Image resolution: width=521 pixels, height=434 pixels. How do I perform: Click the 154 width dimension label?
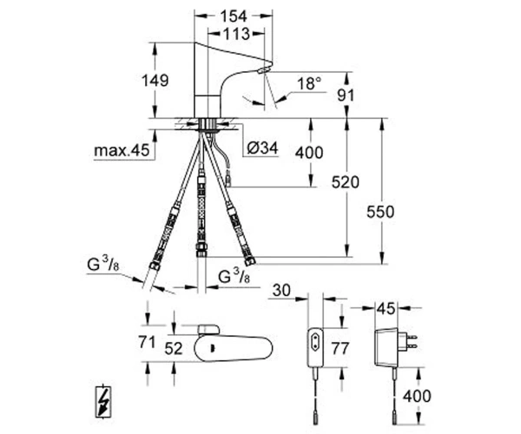pyautogui.click(x=234, y=16)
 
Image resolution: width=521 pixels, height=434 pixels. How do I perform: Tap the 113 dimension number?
pyautogui.click(x=236, y=34)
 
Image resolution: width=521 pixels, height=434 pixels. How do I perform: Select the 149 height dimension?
pyautogui.click(x=155, y=81)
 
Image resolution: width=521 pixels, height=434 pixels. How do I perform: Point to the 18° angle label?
pyautogui.click(x=309, y=83)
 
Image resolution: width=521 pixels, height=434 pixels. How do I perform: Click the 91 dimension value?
pyautogui.click(x=346, y=95)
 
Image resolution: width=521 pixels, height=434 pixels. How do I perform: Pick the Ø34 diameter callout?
pyautogui.click(x=262, y=148)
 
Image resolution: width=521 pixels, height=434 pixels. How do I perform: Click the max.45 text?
pyautogui.click(x=122, y=150)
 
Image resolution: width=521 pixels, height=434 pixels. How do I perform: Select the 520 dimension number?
pyautogui.click(x=346, y=182)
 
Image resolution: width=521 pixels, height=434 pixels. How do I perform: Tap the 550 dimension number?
pyautogui.click(x=380, y=212)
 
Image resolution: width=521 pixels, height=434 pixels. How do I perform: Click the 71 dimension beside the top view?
pyautogui.click(x=147, y=342)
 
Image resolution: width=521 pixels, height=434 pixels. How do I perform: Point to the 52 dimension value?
pyautogui.click(x=175, y=348)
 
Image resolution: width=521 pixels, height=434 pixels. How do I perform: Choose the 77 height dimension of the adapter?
pyautogui.click(x=340, y=348)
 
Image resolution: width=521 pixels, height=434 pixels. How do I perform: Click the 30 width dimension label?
pyautogui.click(x=281, y=290)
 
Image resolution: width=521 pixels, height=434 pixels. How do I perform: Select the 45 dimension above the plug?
pyautogui.click(x=386, y=308)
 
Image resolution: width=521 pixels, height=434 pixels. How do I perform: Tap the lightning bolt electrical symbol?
pyautogui.click(x=104, y=402)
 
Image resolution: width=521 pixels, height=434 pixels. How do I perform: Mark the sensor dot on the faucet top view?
pyautogui.click(x=212, y=349)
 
